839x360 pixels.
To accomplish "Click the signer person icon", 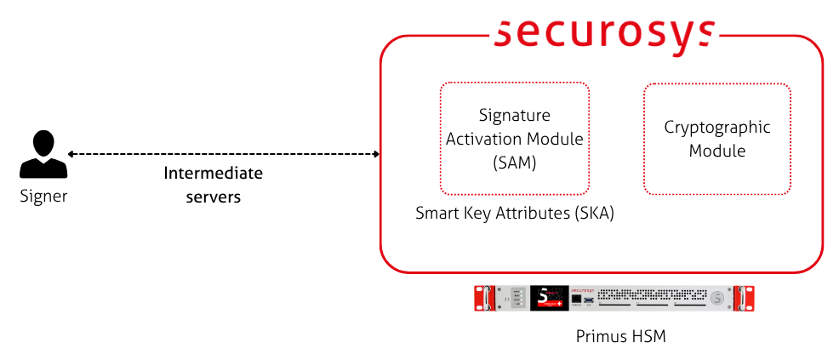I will point(43,155).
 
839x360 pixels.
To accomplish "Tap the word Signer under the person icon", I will point(43,197).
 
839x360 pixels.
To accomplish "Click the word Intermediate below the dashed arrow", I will point(213,174).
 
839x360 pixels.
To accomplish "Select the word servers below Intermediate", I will point(213,197).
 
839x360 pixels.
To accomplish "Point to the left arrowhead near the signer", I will point(71,154).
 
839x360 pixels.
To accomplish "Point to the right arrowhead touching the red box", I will point(375,154).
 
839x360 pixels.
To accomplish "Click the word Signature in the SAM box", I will point(514,115).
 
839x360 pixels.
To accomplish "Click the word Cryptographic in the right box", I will point(716,128).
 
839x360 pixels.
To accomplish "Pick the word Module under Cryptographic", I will point(716,151).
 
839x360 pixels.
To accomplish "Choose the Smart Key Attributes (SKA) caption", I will point(514,213).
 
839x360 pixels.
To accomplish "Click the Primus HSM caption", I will point(619,337).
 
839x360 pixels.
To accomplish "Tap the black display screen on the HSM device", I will point(550,298).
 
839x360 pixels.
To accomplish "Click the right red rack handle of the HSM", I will point(746,298).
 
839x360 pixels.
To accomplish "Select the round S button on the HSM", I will point(719,298).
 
